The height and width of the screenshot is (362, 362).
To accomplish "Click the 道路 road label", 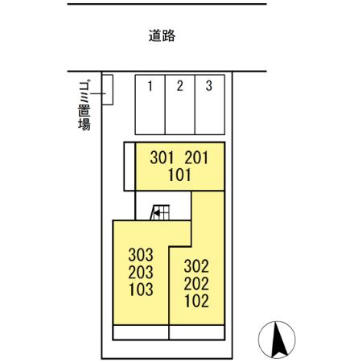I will tap(162, 36).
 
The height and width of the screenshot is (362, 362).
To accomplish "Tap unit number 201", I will tap(195, 158).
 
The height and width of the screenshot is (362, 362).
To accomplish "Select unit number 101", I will tap(179, 173).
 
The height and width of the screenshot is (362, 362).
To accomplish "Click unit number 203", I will tap(140, 272).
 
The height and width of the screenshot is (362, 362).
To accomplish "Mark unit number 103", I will tap(140, 287).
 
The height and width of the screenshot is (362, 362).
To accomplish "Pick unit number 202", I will tap(196, 284).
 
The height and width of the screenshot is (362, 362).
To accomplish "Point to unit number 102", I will tap(196, 302).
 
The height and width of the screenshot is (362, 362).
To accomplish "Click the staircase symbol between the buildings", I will tap(160, 212).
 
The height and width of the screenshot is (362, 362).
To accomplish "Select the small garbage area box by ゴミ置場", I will tap(107, 89).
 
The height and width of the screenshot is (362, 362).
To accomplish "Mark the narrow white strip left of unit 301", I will tap(129, 167).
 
